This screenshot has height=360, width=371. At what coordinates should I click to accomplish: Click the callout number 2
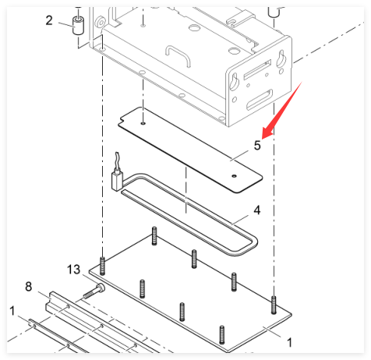(x=49, y=20)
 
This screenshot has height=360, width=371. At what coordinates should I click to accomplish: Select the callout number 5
(x=257, y=145)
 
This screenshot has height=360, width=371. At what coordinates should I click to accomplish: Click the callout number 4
(x=256, y=210)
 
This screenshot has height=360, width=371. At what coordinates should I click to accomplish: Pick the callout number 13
(x=73, y=270)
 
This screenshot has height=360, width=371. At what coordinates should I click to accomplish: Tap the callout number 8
(x=29, y=286)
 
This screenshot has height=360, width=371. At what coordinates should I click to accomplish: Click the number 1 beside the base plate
(x=290, y=342)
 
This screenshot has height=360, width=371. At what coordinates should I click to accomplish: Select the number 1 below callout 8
(x=12, y=311)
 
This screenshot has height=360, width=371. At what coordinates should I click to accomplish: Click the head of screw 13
(x=101, y=288)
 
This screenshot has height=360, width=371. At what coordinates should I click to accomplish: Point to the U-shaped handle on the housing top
(x=178, y=55)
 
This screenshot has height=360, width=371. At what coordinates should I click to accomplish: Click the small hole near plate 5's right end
(x=235, y=176)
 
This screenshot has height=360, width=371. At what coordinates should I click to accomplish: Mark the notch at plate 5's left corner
(x=121, y=120)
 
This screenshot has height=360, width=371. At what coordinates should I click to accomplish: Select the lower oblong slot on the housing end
(x=260, y=99)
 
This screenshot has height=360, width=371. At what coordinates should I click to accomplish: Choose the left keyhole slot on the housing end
(x=235, y=82)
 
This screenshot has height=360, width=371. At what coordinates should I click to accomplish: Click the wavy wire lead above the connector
(x=117, y=161)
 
